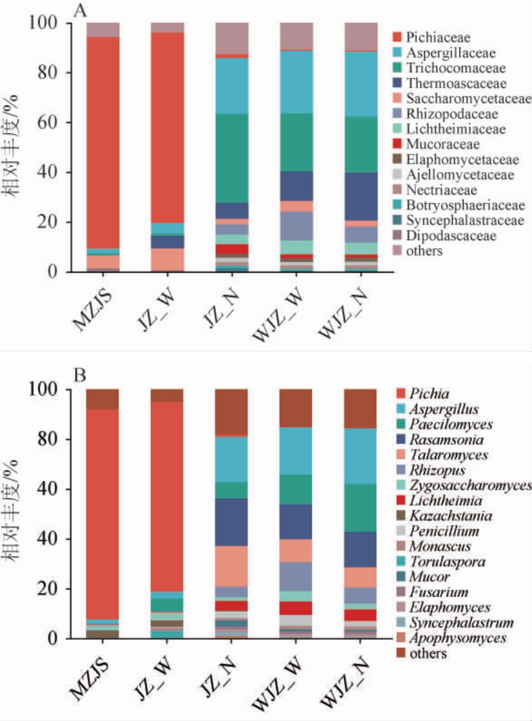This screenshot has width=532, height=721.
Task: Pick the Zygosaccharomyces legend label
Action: (x=469, y=485)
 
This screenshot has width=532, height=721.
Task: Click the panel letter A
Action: (x=79, y=10)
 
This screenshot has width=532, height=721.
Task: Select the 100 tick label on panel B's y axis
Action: (x=46, y=390)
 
